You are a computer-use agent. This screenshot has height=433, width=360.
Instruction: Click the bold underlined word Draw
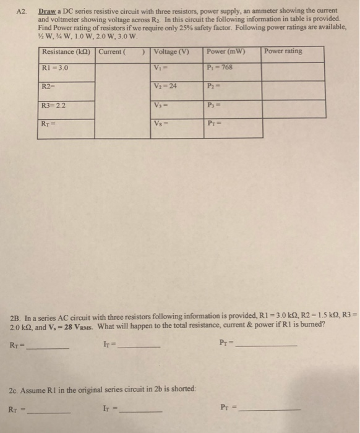coord(48,11)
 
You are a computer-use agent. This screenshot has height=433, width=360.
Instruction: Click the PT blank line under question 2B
coord(266,345)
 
